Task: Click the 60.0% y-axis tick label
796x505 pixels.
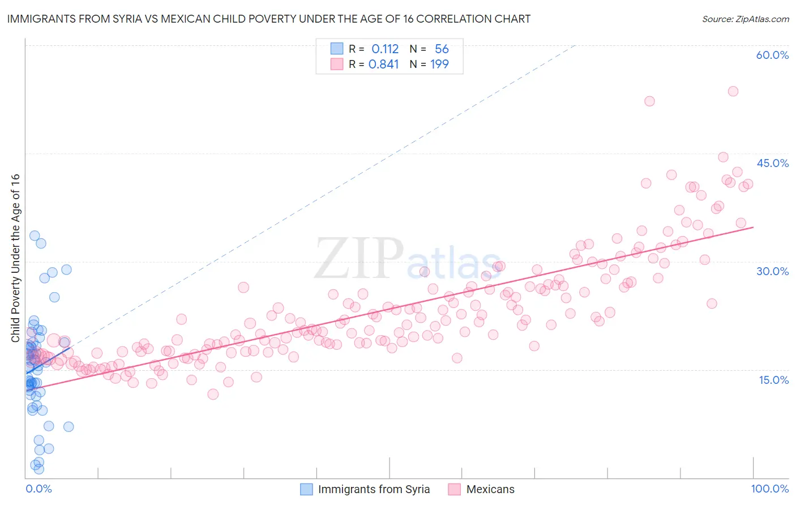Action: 772,55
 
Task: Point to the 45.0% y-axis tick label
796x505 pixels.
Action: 772,163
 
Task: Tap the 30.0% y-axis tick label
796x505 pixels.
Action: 772,271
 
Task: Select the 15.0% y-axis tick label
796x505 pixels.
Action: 773,380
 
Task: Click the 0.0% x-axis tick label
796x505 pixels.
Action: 38,489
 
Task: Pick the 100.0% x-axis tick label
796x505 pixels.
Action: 769,489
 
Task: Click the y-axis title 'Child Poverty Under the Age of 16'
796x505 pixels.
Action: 15,258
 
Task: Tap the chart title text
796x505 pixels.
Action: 269,19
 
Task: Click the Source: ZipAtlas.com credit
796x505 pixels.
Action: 745,19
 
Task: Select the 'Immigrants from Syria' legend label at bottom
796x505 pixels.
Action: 374,489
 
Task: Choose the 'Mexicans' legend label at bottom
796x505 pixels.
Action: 490,489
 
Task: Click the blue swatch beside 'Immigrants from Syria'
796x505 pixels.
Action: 306,489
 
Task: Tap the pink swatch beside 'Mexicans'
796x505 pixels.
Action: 454,489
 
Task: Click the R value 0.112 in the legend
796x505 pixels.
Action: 385,49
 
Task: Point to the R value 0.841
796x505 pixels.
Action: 384,65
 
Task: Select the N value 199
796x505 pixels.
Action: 439,65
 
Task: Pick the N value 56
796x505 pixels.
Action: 442,49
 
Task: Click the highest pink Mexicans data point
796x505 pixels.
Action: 733,91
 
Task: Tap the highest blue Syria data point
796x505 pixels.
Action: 35,236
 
